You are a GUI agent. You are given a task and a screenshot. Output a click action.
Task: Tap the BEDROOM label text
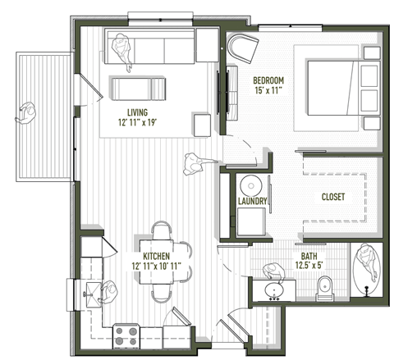(x=268, y=80)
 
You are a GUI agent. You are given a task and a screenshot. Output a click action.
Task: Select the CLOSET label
(x=332, y=197)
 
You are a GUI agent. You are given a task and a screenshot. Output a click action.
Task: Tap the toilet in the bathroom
(x=324, y=287)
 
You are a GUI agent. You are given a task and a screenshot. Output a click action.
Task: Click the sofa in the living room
(x=149, y=50)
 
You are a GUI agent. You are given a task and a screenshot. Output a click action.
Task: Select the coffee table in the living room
(x=139, y=87)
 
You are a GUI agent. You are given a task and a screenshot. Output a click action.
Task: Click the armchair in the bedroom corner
(x=242, y=49)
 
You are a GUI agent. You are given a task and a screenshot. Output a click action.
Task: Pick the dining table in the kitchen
(x=163, y=262)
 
